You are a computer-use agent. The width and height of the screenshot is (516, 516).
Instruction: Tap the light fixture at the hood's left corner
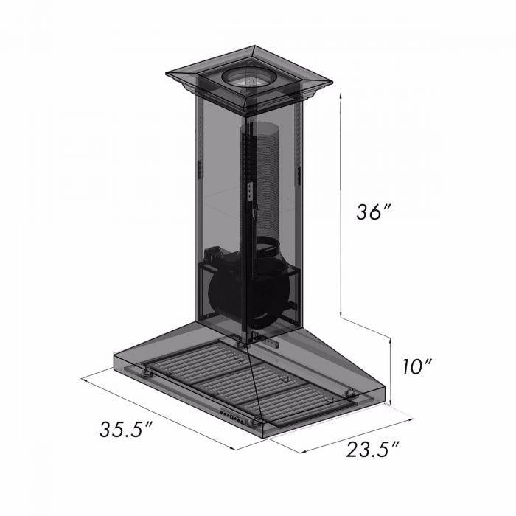pyautogui.click(x=150, y=373)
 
